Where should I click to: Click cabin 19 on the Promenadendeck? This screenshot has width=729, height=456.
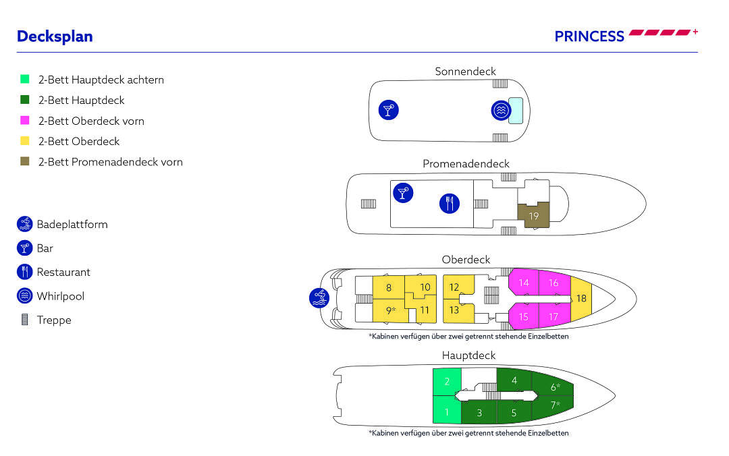coord(533,217)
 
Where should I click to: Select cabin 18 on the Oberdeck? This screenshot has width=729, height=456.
coord(581,298)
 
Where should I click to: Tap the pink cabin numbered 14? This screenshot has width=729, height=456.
coord(524,283)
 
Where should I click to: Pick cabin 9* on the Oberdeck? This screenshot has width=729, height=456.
coord(389,311)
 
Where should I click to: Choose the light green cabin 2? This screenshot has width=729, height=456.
coord(447,382)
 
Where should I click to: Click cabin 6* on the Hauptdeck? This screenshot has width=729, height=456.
coord(554,387)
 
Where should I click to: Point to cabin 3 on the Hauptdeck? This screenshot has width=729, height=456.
coord(479,412)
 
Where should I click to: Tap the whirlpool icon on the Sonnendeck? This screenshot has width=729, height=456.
coord(500,111)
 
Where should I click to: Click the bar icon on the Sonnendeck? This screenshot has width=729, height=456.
coord(388,110)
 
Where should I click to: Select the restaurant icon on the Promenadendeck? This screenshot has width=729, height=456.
coord(450,203)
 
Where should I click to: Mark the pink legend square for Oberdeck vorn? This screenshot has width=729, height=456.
coord(25,121)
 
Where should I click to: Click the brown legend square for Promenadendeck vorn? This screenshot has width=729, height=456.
coord(25,162)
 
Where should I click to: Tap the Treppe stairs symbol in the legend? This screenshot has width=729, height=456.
coord(25,320)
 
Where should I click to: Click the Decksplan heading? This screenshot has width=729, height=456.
coord(55,36)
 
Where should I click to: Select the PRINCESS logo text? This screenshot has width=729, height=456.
coord(589,36)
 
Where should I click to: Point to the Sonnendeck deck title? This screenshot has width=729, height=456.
coord(465,71)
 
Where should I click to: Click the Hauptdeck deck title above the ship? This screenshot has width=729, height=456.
coord(468,355)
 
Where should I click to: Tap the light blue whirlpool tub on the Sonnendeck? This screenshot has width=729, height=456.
coord(516,110)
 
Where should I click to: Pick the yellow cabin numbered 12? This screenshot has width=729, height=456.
coord(454,287)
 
